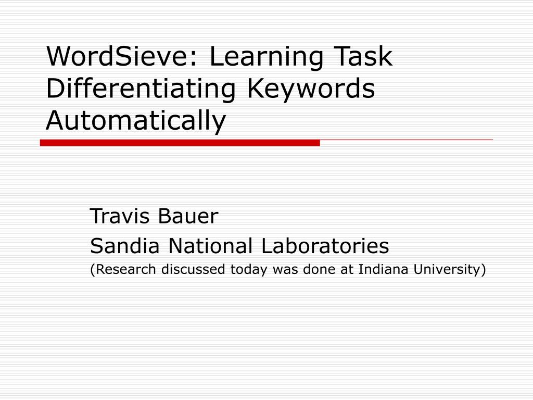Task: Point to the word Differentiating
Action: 140,89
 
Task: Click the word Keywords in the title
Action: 311,89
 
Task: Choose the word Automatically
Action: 136,121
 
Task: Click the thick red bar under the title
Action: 180,143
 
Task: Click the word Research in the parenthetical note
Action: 125,269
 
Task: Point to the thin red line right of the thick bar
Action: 406,140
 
